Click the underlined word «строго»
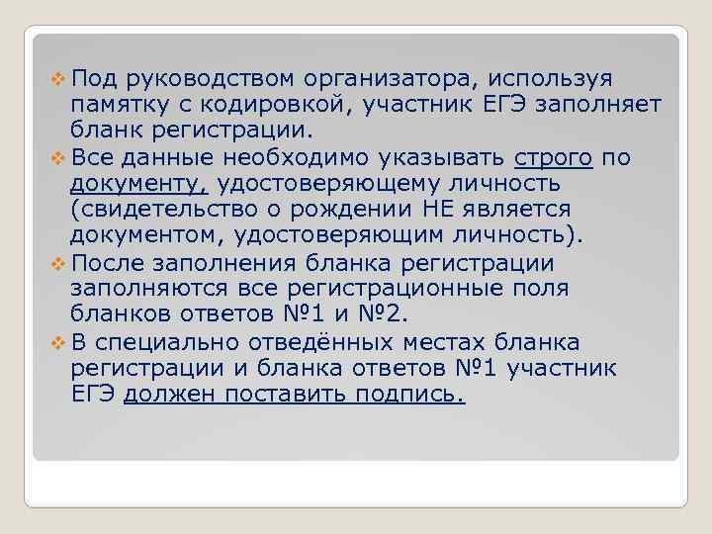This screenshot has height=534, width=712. click(x=554, y=158)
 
